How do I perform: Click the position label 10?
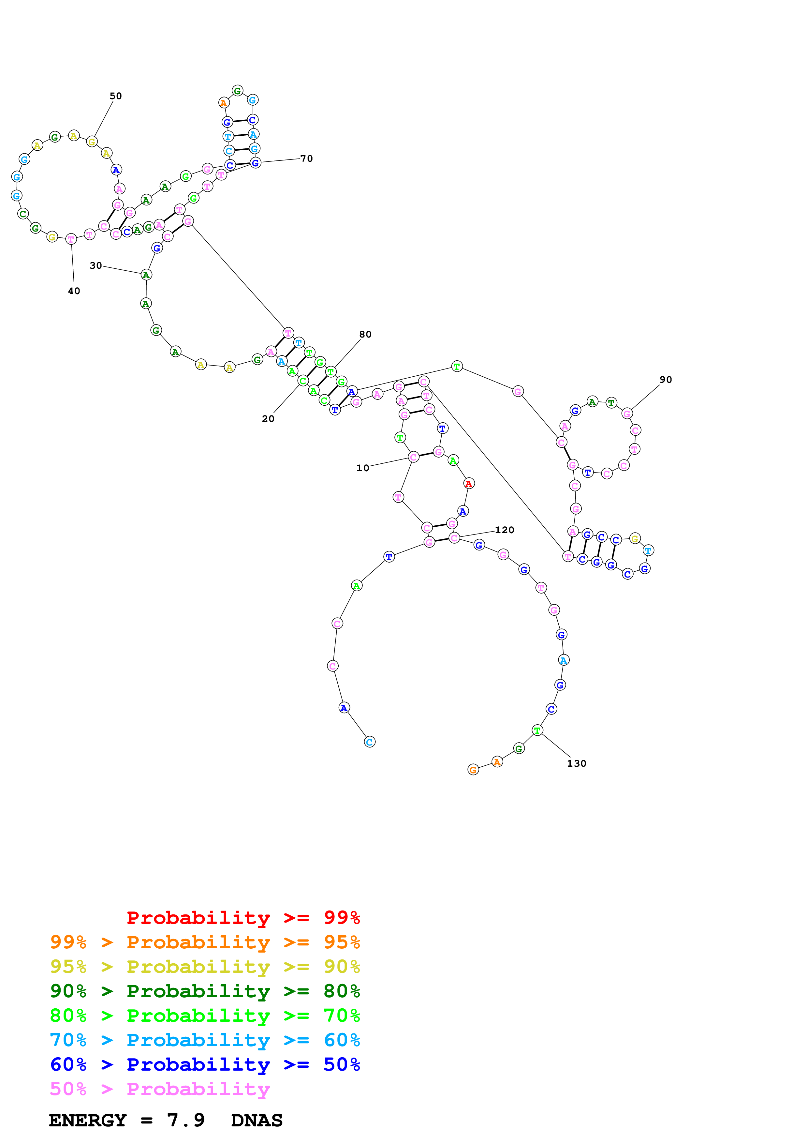(362, 468)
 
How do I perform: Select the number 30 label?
(95, 265)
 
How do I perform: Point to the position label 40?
(74, 291)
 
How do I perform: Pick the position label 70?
(307, 158)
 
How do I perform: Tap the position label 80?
(365, 334)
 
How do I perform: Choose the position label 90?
(666, 380)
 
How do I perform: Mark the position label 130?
(577, 763)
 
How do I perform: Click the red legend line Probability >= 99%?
(243, 918)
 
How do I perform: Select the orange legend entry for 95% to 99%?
(205, 942)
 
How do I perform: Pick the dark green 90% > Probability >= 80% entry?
(205, 991)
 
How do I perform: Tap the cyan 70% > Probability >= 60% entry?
(205, 1040)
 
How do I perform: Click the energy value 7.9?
(186, 1120)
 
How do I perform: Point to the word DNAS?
(257, 1120)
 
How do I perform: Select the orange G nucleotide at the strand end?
(473, 770)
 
